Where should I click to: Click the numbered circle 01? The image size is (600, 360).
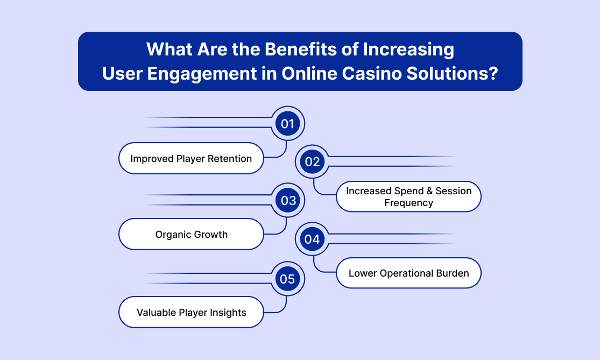click(x=288, y=124)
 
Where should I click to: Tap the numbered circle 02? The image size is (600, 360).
click(x=312, y=162)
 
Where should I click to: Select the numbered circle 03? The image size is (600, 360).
click(x=288, y=201)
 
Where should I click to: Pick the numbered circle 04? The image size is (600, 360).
click(x=312, y=239)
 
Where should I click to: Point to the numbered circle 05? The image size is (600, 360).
click(x=288, y=279)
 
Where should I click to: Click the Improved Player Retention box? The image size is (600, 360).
click(x=192, y=158)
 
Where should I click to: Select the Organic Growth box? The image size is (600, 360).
click(x=192, y=234)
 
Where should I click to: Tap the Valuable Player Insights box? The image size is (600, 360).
click(x=192, y=312)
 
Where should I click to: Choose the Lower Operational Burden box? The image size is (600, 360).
click(x=408, y=273)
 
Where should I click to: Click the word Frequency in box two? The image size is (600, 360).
click(x=408, y=203)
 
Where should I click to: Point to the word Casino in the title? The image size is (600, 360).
click(x=371, y=74)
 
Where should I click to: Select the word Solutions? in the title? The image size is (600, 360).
click(x=453, y=74)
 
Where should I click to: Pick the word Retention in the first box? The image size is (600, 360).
click(x=230, y=158)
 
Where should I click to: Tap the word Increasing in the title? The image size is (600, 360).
click(x=408, y=50)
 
